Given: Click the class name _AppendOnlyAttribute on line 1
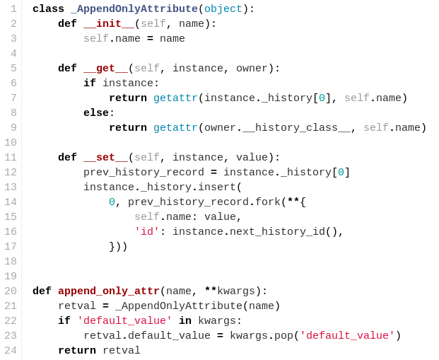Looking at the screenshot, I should tap(134, 9).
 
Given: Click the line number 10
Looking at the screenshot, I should tap(10, 143).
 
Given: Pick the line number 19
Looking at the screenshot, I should tap(10, 277).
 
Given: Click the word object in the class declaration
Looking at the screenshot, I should tap(223, 9).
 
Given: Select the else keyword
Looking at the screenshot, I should tap(96, 113).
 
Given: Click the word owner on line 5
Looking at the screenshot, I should tap(252, 69).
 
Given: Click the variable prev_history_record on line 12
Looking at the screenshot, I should tap(144, 173).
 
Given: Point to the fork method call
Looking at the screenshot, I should tap(268, 202).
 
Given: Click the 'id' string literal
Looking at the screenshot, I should tap(147, 232).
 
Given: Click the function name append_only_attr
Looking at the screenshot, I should tap(109, 291).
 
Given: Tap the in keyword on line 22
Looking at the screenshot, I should tap(185, 321).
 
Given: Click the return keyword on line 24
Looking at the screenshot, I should tap(77, 351).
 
